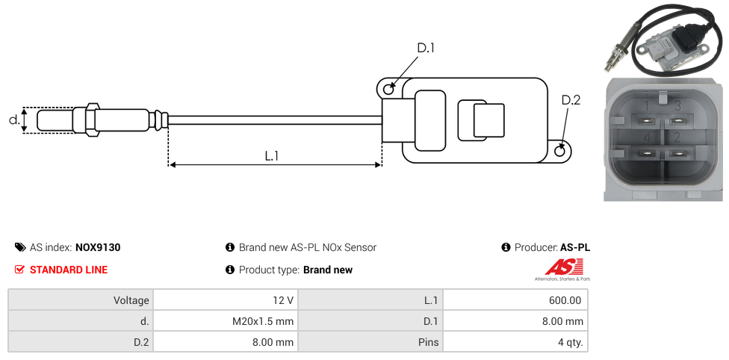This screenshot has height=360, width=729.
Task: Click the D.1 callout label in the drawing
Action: (x=425, y=48)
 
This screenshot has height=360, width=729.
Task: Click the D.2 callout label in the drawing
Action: (x=571, y=100)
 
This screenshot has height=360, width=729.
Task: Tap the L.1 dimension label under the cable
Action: (x=272, y=155)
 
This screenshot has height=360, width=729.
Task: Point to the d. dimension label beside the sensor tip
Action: (x=13, y=120)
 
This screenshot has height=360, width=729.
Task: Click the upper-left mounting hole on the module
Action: (x=388, y=90)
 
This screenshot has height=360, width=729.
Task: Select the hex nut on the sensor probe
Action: (x=92, y=120)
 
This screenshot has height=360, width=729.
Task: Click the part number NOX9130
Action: (x=98, y=247)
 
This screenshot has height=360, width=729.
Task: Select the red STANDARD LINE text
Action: (x=69, y=270)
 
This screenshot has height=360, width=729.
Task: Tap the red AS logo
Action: (x=564, y=267)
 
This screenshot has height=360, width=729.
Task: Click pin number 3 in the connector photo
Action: (x=677, y=106)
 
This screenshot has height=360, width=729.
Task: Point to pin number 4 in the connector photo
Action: (x=646, y=138)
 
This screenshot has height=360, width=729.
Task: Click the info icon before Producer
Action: (x=506, y=247)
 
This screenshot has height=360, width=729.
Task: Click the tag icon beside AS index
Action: (x=20, y=247)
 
